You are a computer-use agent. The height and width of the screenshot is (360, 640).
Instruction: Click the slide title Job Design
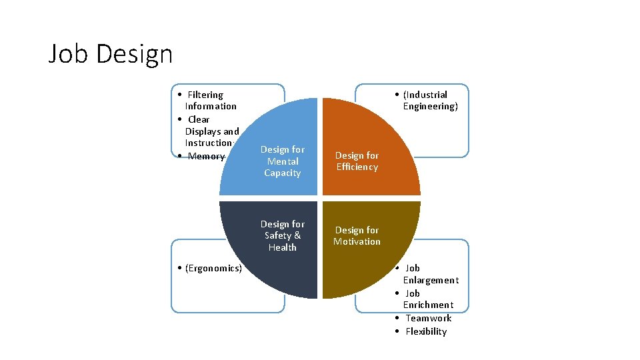tap(111, 53)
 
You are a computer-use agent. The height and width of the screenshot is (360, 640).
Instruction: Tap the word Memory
tap(207, 156)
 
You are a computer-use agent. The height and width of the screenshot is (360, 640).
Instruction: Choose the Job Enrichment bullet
tap(427, 299)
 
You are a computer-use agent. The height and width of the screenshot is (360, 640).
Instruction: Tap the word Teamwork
tap(429, 318)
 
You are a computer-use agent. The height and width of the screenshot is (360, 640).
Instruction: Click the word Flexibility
tap(426, 331)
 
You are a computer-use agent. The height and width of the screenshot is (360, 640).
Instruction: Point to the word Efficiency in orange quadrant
tap(357, 167)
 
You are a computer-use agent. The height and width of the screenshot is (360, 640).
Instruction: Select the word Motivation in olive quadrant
tap(357, 241)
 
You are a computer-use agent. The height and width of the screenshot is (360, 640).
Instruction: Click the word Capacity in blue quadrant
tap(282, 173)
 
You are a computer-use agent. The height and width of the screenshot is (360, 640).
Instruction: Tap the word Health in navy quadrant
tap(282, 247)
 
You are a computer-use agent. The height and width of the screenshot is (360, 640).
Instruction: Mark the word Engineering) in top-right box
tap(431, 107)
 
